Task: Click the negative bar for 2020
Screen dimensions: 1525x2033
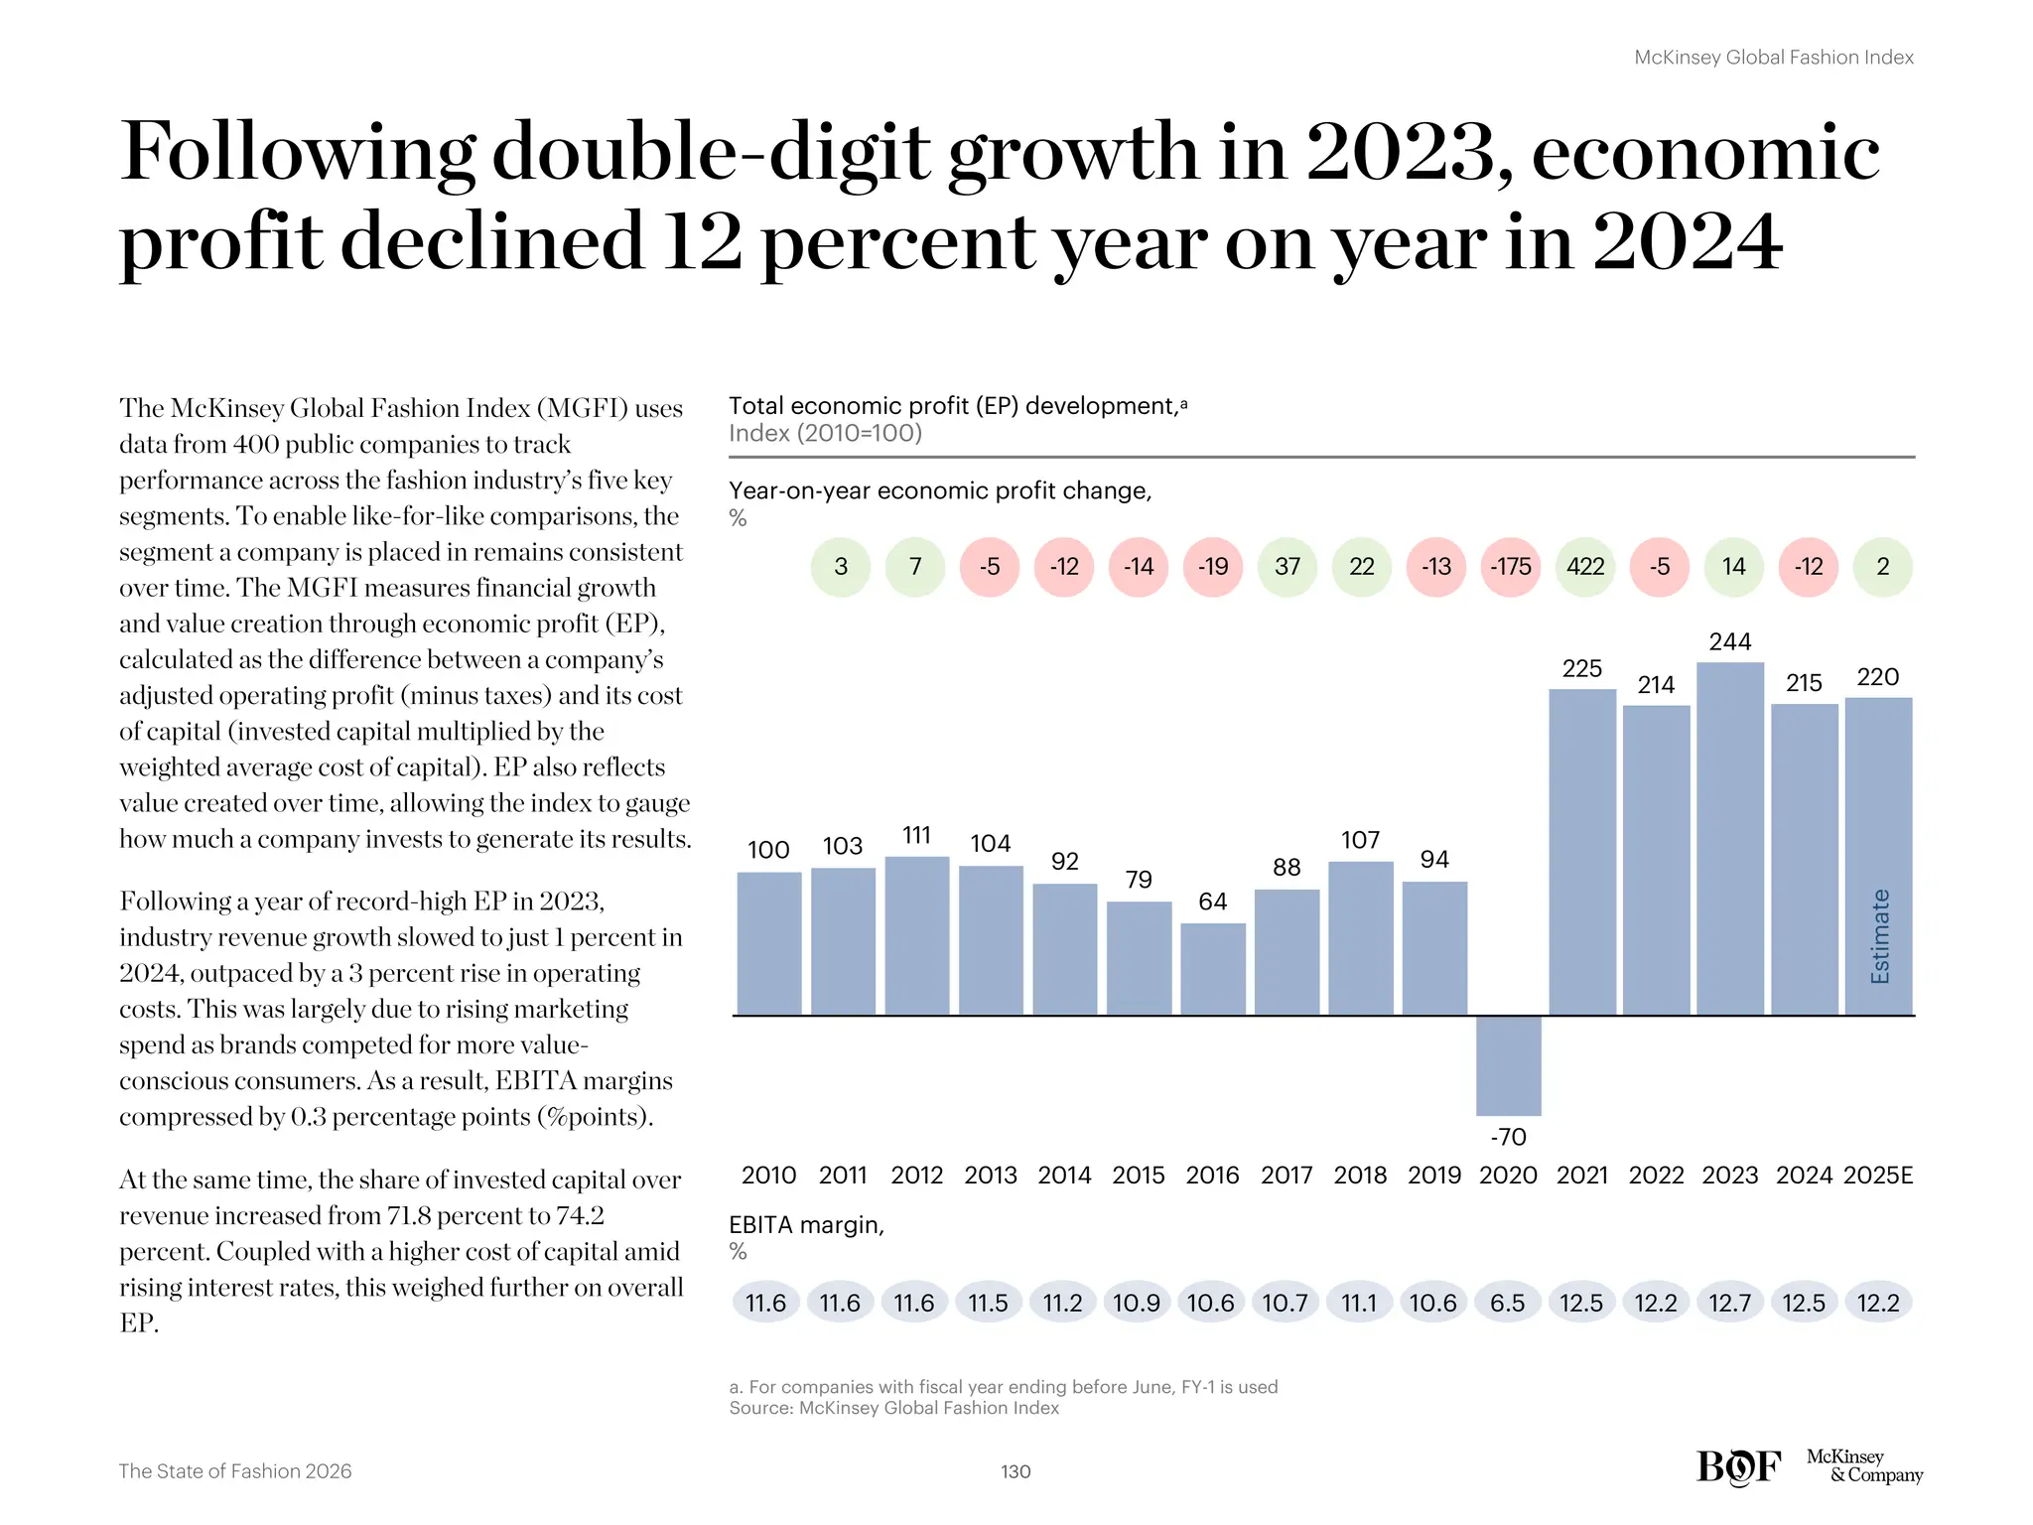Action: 1508,1064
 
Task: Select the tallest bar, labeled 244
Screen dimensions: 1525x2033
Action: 1730,839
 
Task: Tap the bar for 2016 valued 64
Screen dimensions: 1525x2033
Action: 1212,969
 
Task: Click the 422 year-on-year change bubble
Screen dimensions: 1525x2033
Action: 1584,567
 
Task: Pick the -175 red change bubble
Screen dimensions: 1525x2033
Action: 1510,567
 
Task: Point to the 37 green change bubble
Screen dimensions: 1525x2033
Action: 1287,567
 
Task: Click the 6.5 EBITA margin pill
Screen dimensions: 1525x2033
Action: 1507,1303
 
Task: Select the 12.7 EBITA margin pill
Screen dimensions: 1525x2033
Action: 1729,1303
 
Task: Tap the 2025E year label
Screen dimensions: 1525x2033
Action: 1877,1176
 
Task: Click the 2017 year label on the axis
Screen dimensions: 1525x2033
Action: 1287,1176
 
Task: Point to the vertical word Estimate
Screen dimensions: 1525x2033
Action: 1879,936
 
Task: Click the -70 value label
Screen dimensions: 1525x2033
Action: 1508,1137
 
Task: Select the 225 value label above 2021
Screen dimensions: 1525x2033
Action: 1581,669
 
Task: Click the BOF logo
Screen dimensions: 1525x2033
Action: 1738,1466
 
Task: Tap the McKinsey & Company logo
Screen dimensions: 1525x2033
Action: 1863,1465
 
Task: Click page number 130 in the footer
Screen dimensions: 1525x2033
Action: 1016,1471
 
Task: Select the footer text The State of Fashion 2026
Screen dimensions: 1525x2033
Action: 235,1471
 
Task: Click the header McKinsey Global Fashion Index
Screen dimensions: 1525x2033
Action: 1773,58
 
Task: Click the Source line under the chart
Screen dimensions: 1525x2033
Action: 893,1408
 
